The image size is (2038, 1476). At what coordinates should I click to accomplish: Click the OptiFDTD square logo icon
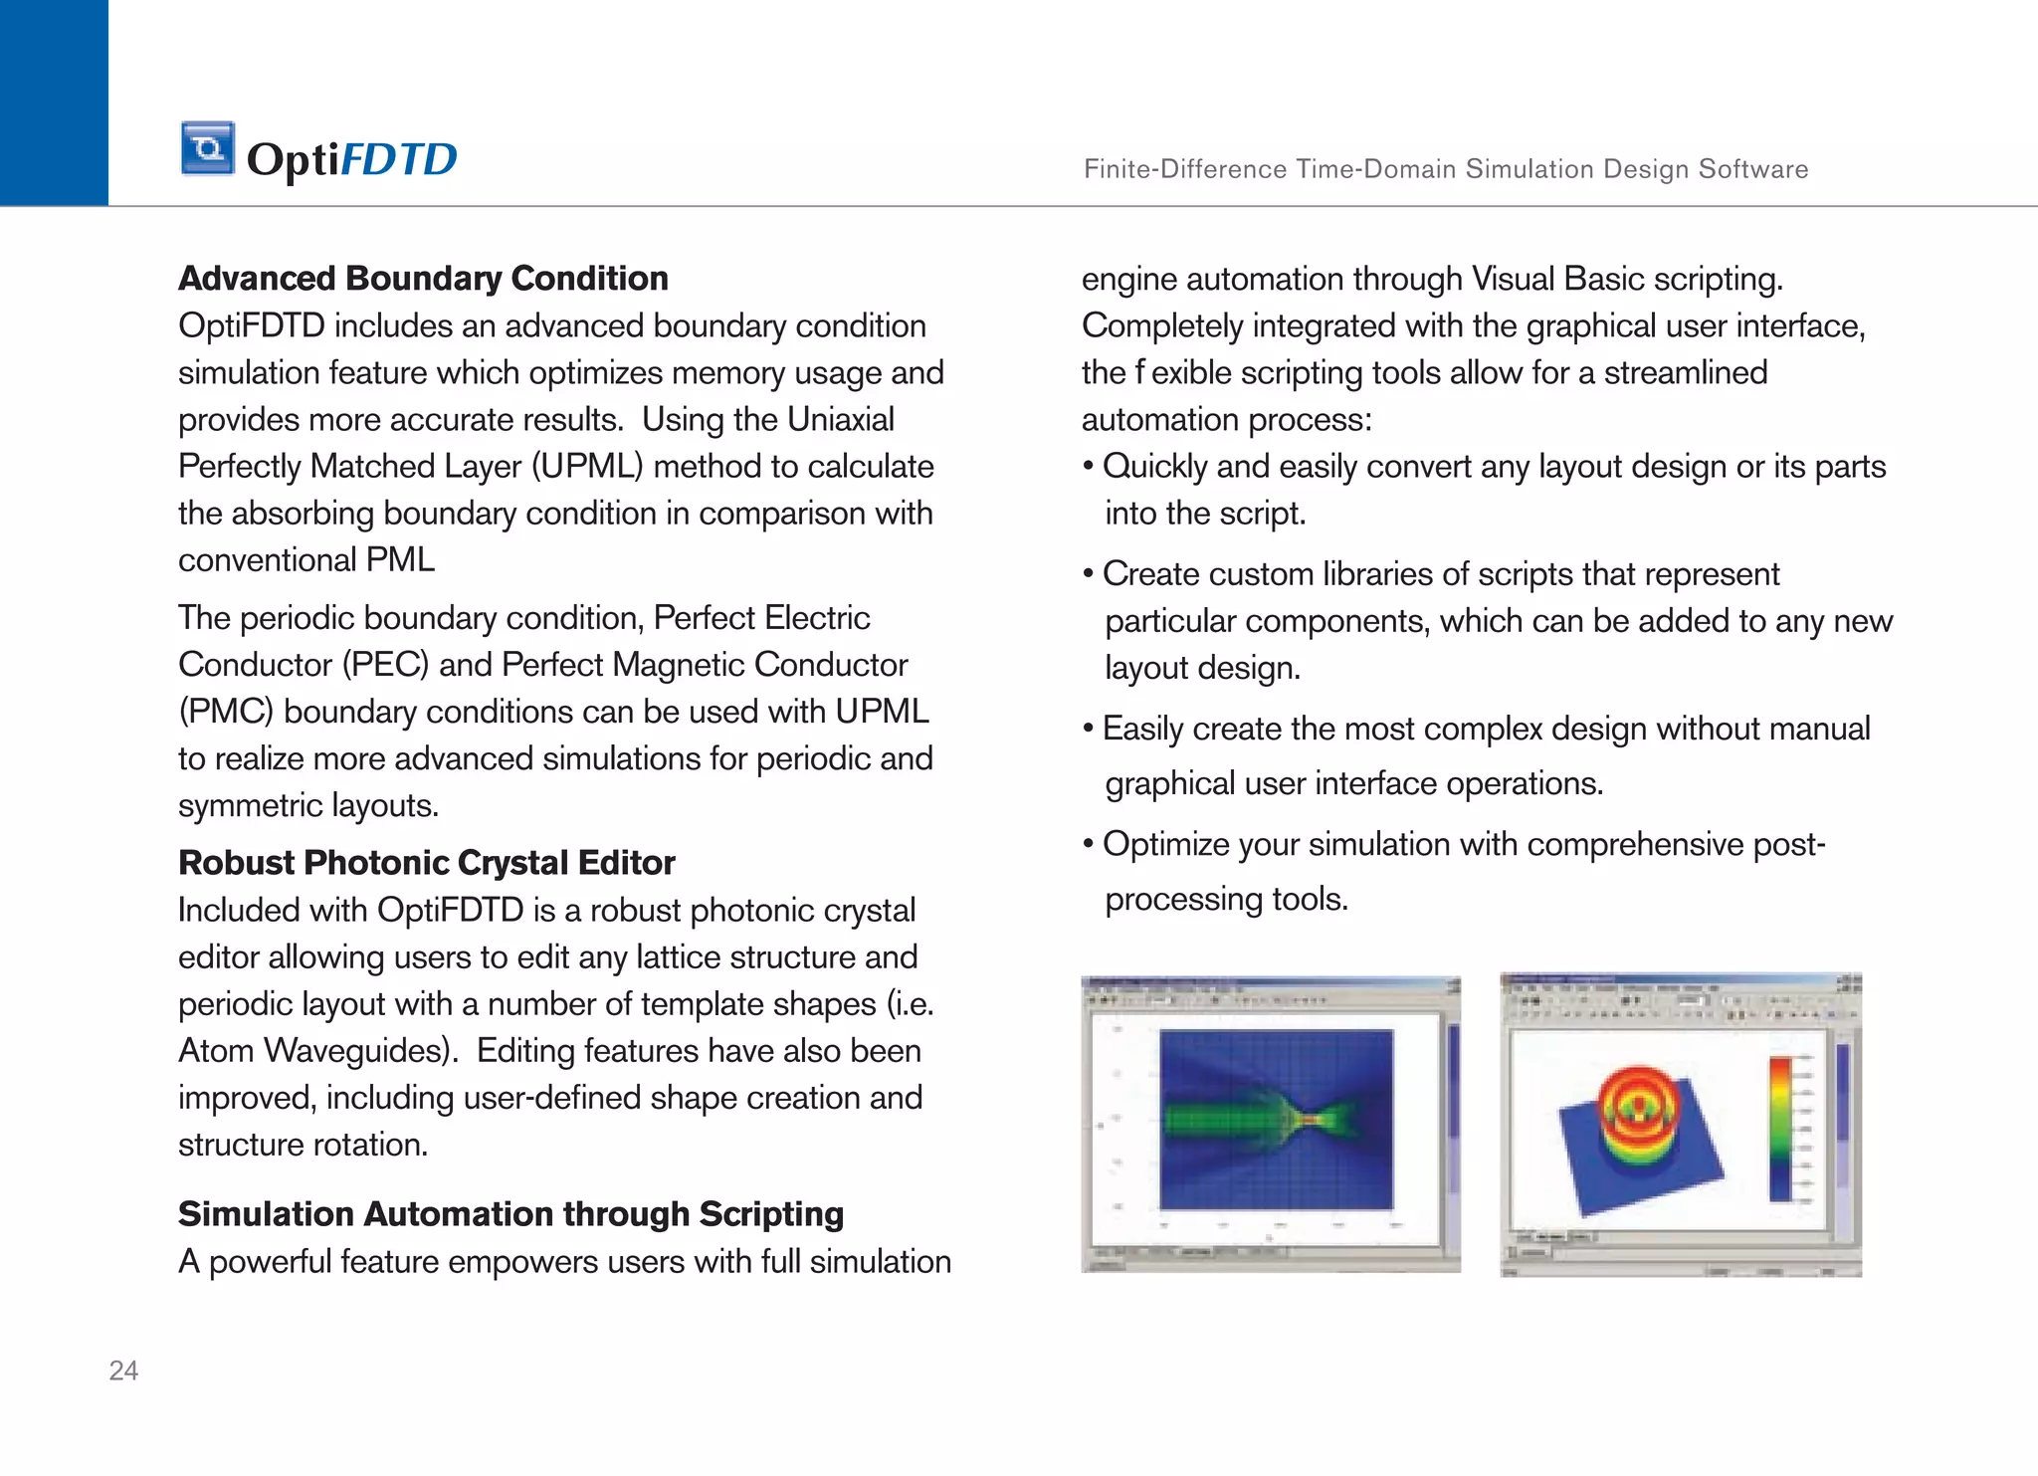click(x=208, y=148)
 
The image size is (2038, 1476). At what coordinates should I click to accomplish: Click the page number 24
click(x=123, y=1371)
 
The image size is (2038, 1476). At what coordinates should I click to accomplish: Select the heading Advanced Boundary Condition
click(x=423, y=279)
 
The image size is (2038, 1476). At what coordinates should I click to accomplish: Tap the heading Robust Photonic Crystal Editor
click(x=426, y=863)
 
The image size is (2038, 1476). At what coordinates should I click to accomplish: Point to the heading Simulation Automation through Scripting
click(x=510, y=1214)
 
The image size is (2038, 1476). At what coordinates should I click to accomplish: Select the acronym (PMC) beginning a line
click(x=226, y=712)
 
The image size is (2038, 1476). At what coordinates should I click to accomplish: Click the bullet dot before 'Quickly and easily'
click(x=1089, y=467)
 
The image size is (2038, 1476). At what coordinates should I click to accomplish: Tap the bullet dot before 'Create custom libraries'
click(x=1089, y=574)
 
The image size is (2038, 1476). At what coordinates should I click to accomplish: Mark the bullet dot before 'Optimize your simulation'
click(x=1089, y=844)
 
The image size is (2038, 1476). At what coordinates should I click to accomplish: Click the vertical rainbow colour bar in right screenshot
click(x=1780, y=1129)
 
